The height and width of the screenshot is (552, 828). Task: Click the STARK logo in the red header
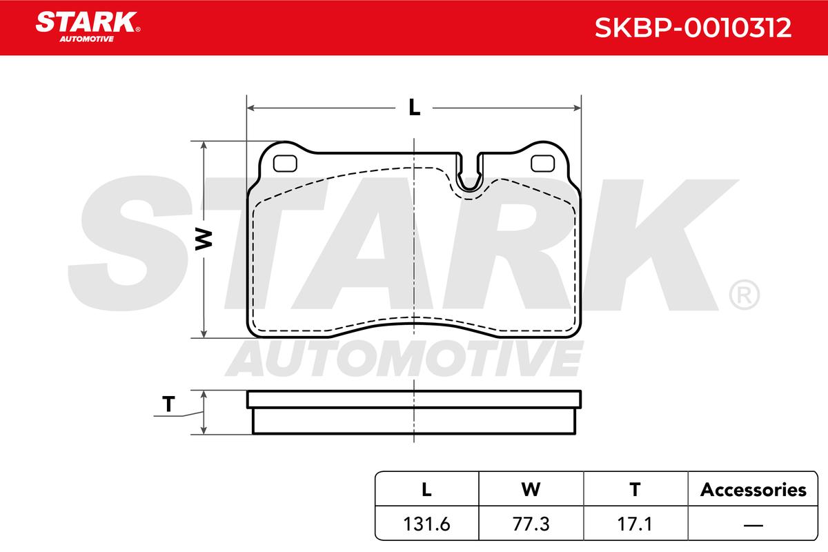(x=88, y=27)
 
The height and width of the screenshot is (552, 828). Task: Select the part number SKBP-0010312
(x=693, y=28)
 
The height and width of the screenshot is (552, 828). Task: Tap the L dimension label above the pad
(x=415, y=108)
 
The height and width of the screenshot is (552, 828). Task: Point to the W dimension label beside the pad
(x=204, y=239)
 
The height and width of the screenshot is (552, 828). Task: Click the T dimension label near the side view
(x=168, y=404)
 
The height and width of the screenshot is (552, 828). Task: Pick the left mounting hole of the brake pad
(x=285, y=163)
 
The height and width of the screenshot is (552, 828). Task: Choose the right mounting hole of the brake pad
(x=542, y=163)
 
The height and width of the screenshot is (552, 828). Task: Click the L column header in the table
(x=426, y=489)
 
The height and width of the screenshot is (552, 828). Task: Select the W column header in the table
(x=531, y=489)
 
